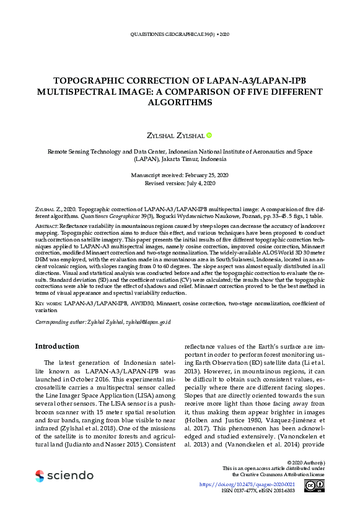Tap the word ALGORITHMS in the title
pyautogui.click(x=180, y=102)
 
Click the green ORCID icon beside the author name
pyautogui.click(x=209, y=135)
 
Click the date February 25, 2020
pyautogui.click(x=193, y=176)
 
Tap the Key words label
pyautogui.click(x=48, y=303)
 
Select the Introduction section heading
pyautogui.click(x=57, y=346)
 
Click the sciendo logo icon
pyautogui.click(x=40, y=476)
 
